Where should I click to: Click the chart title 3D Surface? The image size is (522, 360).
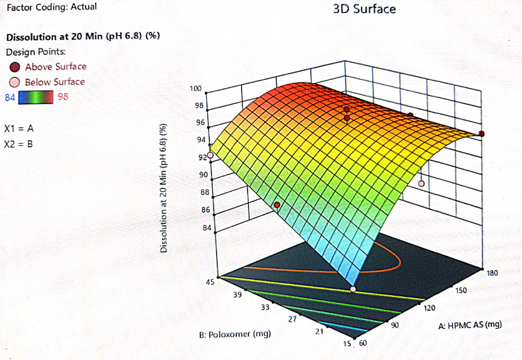[x=365, y=9]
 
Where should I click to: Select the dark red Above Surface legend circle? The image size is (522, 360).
[x=14, y=67]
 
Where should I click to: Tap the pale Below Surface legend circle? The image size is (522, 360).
[x=14, y=82]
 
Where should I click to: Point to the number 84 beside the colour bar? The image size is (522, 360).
[x=9, y=97]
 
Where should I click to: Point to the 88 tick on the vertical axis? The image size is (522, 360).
[x=204, y=192]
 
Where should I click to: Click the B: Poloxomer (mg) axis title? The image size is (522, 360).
[x=235, y=334]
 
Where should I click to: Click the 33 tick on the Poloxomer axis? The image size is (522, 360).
[x=265, y=307]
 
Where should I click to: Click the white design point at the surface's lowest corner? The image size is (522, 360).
[x=353, y=289]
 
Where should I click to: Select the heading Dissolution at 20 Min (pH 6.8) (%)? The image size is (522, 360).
[x=83, y=36]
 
